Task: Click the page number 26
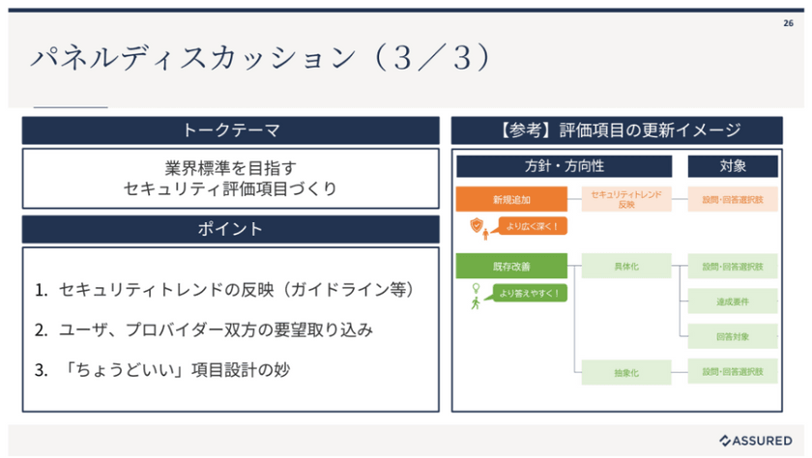coord(788,23)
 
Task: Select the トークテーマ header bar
coord(231,130)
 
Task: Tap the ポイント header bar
coord(231,229)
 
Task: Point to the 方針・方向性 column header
coord(564,166)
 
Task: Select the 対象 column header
coord(732,166)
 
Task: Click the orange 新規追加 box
coord(510,200)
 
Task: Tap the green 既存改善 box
coord(510,266)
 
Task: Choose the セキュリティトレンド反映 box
coord(625,200)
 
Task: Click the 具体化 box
coord(625,266)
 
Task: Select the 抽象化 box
coord(625,370)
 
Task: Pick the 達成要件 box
coord(732,301)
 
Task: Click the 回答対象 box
coord(732,335)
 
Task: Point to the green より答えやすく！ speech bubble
coord(529,292)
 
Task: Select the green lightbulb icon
coord(475,288)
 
